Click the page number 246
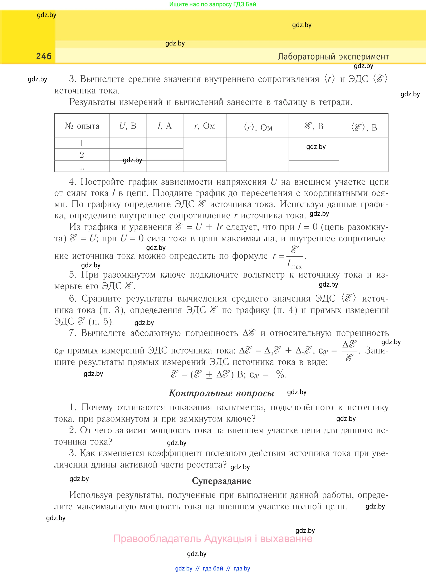coord(44,56)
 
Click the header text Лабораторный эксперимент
coord(333,57)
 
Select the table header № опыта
coord(82,126)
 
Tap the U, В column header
coord(128,126)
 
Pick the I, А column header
coord(165,126)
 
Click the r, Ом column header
coord(205,126)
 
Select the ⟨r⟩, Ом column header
coord(258,127)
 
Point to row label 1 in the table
coord(82,143)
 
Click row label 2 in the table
coord(82,155)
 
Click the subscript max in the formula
coord(296,267)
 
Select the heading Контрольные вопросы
coord(221,393)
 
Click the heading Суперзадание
coord(221,481)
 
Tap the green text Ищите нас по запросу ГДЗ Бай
coord(212,4)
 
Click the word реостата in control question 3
coord(206,465)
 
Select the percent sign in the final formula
coord(280,374)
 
